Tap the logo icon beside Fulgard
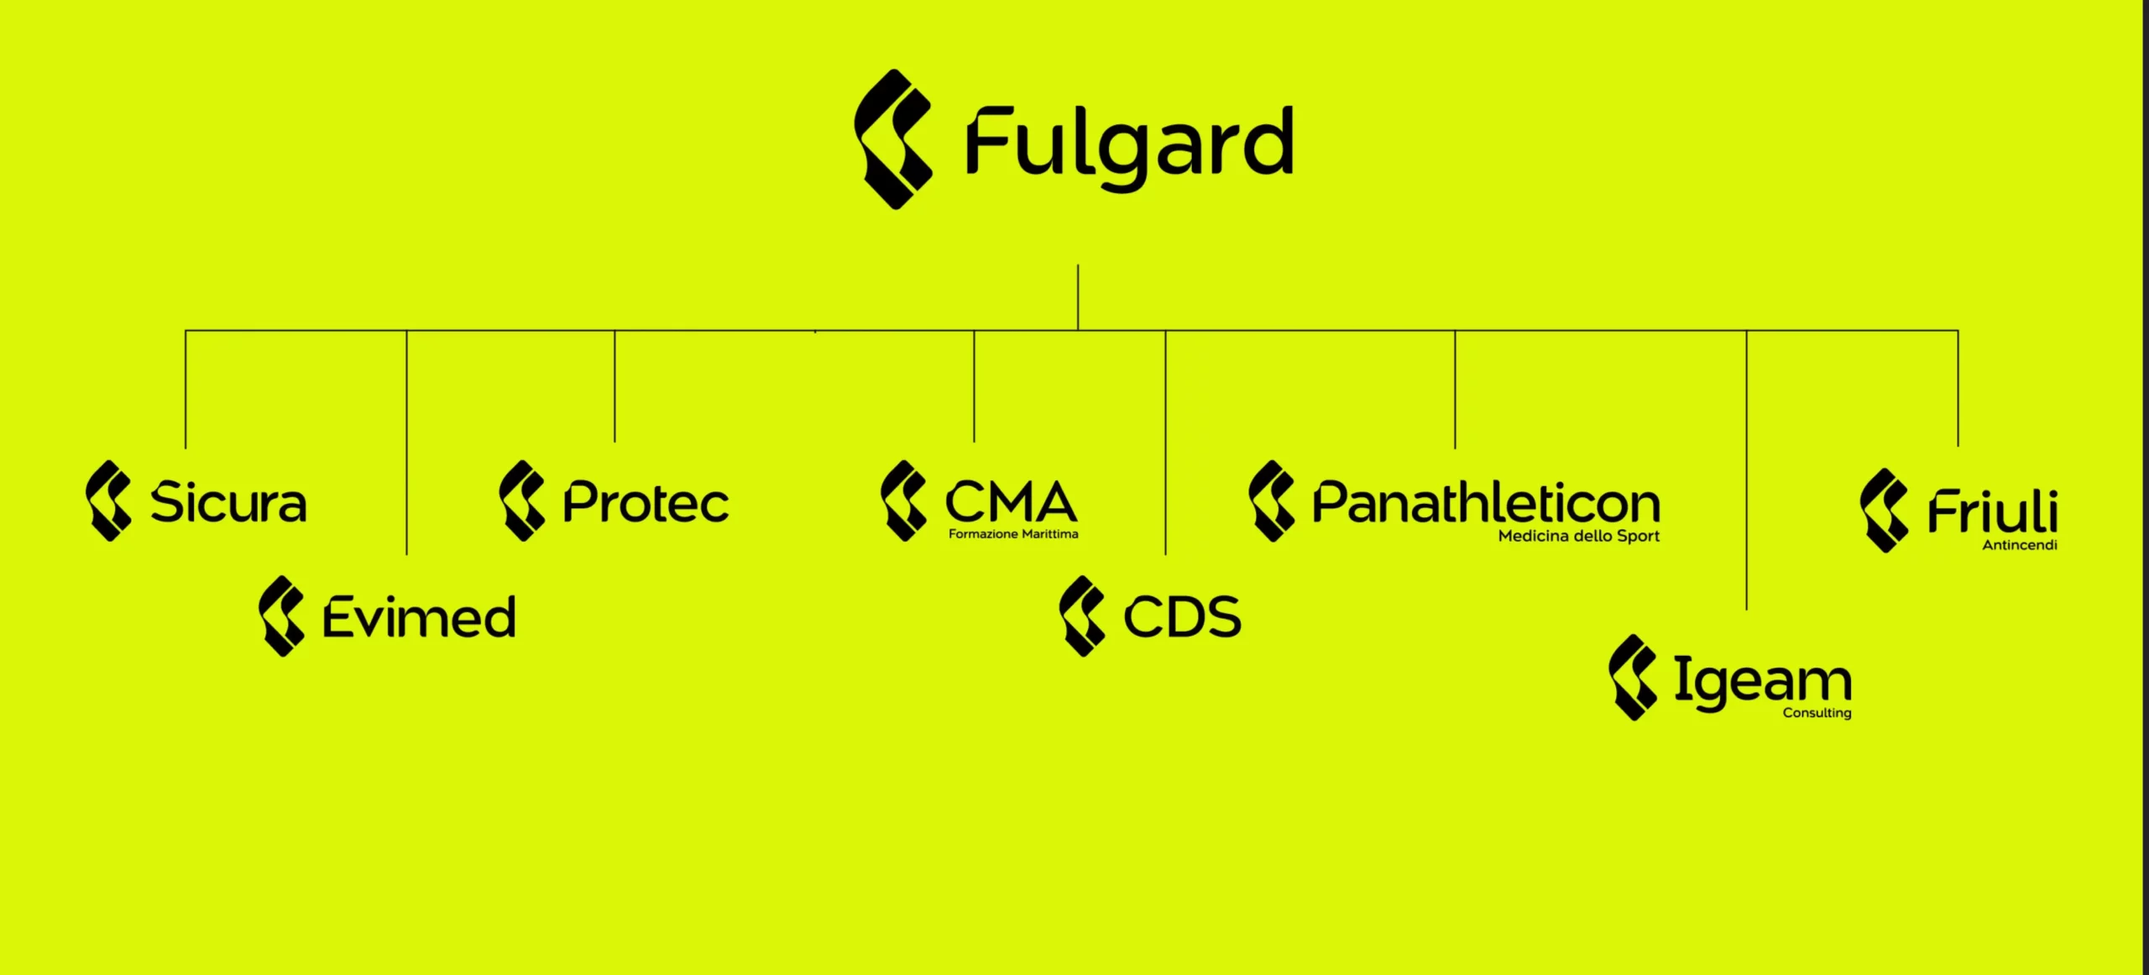893,139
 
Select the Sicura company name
228,502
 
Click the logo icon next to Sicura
108,501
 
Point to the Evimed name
419,617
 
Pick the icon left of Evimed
281,616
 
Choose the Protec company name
646,502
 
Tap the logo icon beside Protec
522,501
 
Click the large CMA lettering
1011,501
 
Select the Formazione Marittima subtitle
1013,534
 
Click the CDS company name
1182,617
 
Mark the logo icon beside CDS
1082,616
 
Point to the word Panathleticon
1486,502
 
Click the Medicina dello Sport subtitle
1579,536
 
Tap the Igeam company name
1763,682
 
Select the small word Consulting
1817,713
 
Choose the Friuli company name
1993,511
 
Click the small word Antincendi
2020,545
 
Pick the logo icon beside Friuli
1884,511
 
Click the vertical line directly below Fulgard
1078,297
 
